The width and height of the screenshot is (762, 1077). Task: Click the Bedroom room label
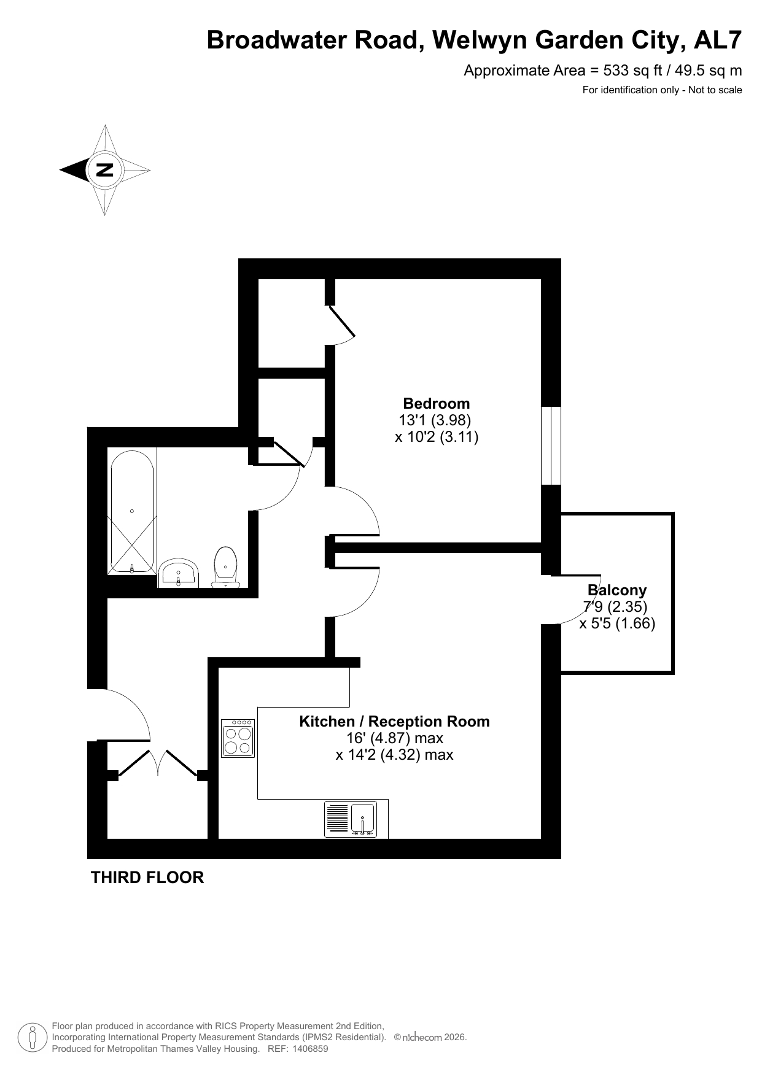[436, 403]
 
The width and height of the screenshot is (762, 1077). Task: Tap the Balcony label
[617, 590]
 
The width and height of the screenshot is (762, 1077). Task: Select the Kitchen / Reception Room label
[394, 721]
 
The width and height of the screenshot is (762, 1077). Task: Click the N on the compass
[105, 170]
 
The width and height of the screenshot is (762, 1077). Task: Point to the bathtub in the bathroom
[132, 512]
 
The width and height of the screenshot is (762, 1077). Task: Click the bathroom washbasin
[179, 573]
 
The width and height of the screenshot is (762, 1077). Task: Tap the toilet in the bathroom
[225, 566]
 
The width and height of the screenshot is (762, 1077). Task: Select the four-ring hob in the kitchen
[238, 738]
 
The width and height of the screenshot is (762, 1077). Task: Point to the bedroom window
[551, 446]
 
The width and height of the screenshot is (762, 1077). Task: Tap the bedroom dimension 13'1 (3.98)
[435, 420]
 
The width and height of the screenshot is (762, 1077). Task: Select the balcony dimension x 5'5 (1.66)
[617, 623]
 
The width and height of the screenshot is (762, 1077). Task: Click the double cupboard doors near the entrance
[158, 763]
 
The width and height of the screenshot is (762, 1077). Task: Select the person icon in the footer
[33, 1037]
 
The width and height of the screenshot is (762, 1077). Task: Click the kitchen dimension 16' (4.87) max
[395, 738]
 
